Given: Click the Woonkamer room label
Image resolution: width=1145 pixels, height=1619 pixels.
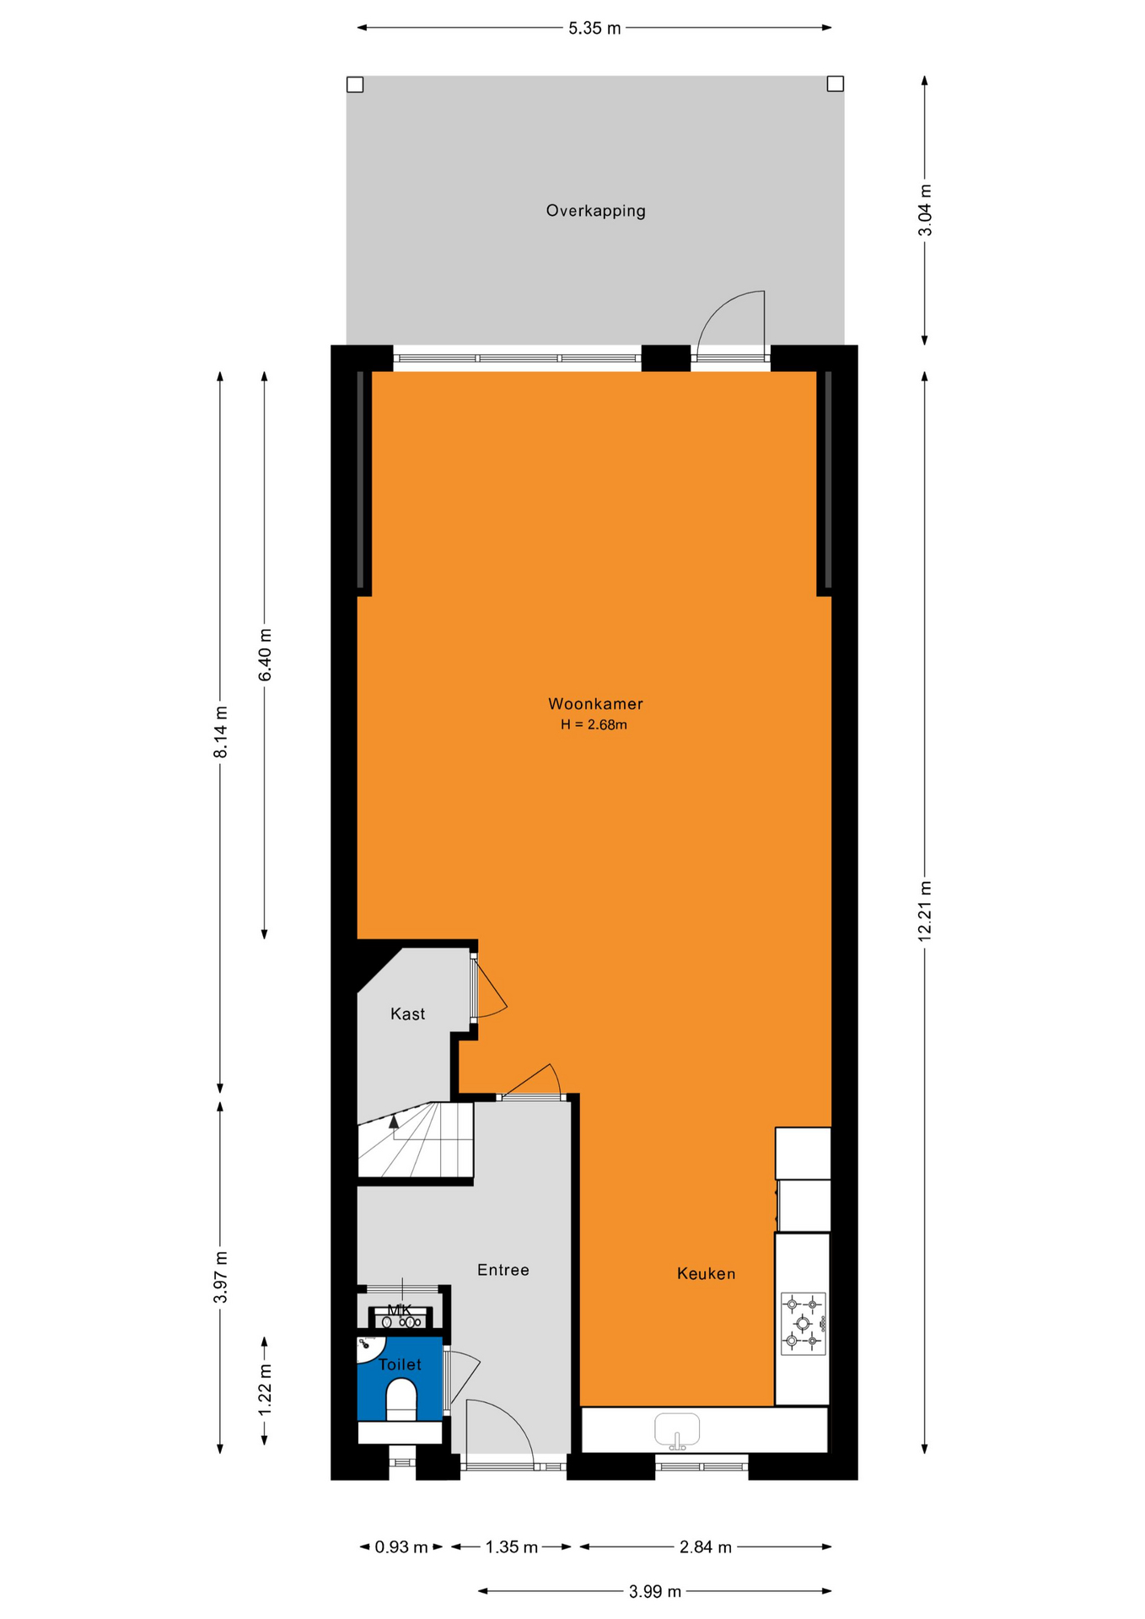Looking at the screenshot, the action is coord(595,703).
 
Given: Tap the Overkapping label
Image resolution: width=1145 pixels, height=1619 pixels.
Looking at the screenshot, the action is coord(595,211).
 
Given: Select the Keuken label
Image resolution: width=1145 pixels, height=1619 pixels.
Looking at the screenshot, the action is coord(706,1273).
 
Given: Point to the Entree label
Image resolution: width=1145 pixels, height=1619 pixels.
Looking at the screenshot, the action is coord(503,1269).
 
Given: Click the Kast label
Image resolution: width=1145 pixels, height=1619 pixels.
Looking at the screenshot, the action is coord(407,1014).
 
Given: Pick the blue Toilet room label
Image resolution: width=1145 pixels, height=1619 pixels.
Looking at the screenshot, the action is coord(400,1364).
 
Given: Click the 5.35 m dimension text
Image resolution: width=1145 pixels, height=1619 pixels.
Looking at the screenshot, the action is coord(594,28).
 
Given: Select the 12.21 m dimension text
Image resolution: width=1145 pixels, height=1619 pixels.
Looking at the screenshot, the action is coord(925,911).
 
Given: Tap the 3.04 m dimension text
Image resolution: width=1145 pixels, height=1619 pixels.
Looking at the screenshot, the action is coord(925,210).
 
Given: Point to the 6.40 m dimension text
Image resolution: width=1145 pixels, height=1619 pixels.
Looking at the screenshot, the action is coord(265,654).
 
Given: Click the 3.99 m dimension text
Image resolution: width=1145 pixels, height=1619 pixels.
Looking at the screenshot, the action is coord(655,1591).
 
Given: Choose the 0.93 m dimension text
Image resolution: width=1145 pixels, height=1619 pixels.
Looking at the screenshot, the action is coord(401,1546).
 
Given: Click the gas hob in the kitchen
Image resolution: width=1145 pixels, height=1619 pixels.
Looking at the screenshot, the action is coord(803,1324).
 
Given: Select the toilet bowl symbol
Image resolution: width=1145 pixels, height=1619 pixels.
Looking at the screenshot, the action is coord(401,1399).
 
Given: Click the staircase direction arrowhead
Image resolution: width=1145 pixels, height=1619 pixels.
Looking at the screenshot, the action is coord(394,1121).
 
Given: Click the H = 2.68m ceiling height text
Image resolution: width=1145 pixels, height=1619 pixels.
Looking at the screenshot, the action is coord(594,724).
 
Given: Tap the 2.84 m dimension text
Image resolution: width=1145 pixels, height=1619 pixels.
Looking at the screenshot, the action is coord(706,1546).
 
